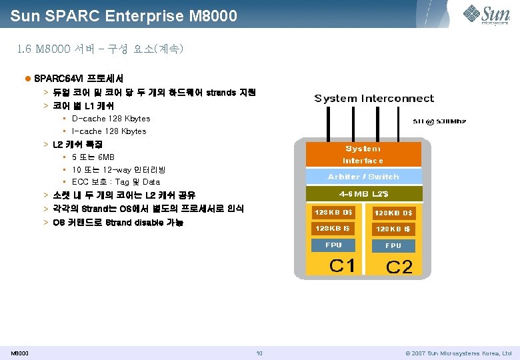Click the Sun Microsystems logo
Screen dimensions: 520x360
pyautogui.click(x=487, y=14)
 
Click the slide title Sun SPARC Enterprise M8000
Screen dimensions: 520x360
pyautogui.click(x=124, y=15)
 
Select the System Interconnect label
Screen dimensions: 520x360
pyautogui.click(x=374, y=99)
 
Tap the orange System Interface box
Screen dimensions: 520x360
pyautogui.click(x=363, y=154)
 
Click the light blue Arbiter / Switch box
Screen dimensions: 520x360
pyautogui.click(x=363, y=177)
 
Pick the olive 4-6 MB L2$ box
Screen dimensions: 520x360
pyautogui.click(x=363, y=194)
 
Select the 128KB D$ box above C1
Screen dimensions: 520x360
pyautogui.click(x=334, y=213)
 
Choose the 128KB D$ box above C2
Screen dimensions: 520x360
pyautogui.click(x=393, y=213)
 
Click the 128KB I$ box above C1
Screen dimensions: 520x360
pyautogui.click(x=333, y=229)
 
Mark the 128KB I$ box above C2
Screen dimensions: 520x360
pyautogui.click(x=393, y=229)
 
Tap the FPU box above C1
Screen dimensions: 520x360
pyautogui.click(x=333, y=245)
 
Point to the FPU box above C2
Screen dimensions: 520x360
pyautogui.click(x=393, y=246)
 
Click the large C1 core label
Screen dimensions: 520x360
pyautogui.click(x=342, y=265)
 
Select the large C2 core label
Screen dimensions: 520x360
pyautogui.click(x=399, y=267)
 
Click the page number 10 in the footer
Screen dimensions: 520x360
pyautogui.click(x=259, y=353)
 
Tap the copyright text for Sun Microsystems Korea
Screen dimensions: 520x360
pyautogui.click(x=458, y=353)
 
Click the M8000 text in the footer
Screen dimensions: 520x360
pyautogui.click(x=19, y=353)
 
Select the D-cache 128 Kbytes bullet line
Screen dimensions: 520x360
pyautogui.click(x=111, y=119)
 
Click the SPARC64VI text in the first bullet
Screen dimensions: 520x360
pyautogui.click(x=56, y=79)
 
